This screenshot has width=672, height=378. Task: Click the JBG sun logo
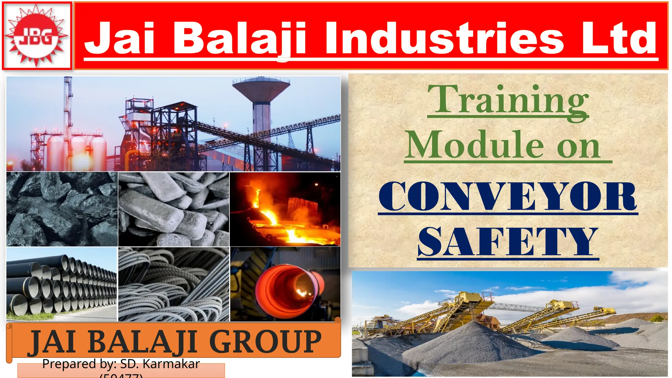(x=37, y=36)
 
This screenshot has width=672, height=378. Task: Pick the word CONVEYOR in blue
(x=508, y=196)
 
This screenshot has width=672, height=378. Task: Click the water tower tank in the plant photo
(x=261, y=89)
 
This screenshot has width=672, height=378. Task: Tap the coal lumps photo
(x=62, y=209)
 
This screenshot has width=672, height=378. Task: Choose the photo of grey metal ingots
(x=174, y=209)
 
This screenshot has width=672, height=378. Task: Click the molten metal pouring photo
(x=285, y=209)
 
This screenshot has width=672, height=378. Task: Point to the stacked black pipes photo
(x=62, y=284)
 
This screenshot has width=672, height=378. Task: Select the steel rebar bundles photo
(x=174, y=284)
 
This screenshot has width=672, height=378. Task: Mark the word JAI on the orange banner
(x=52, y=342)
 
